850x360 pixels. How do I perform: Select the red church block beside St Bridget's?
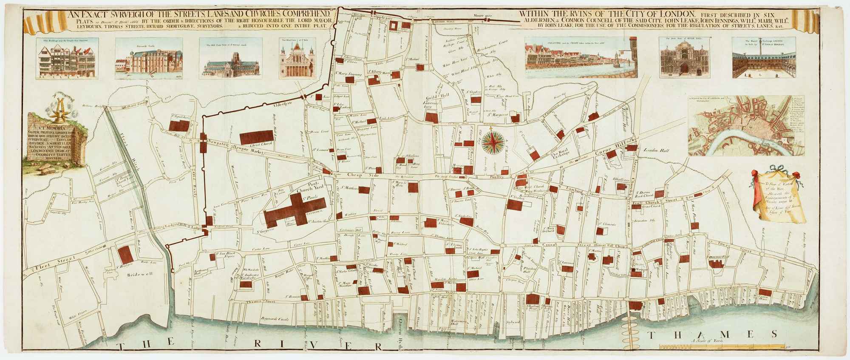(x=125, y=255)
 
